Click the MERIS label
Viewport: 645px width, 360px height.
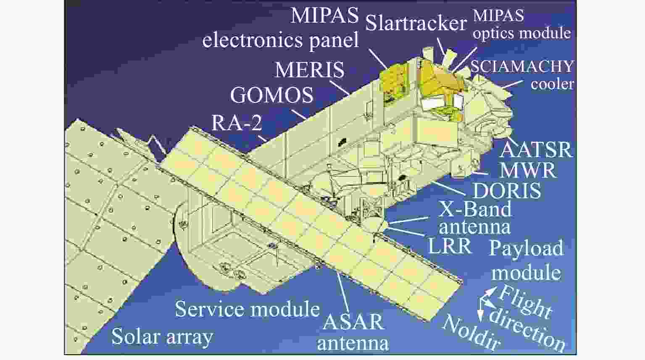pos(310,69)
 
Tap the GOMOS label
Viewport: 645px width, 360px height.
pos(272,95)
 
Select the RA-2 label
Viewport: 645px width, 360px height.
pos(237,123)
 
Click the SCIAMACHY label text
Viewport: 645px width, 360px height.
pos(522,66)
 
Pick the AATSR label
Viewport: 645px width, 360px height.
pos(536,150)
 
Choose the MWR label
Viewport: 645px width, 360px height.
pos(528,170)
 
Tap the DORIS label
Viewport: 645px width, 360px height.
pos(507,191)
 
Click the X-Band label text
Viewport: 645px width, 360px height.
pos(474,209)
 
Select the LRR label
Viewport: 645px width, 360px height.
pos(449,246)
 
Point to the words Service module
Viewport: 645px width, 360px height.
pos(247,309)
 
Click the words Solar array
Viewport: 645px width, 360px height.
pos(162,337)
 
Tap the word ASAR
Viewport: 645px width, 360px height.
pos(353,322)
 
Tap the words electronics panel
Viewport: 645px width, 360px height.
pos(281,40)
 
